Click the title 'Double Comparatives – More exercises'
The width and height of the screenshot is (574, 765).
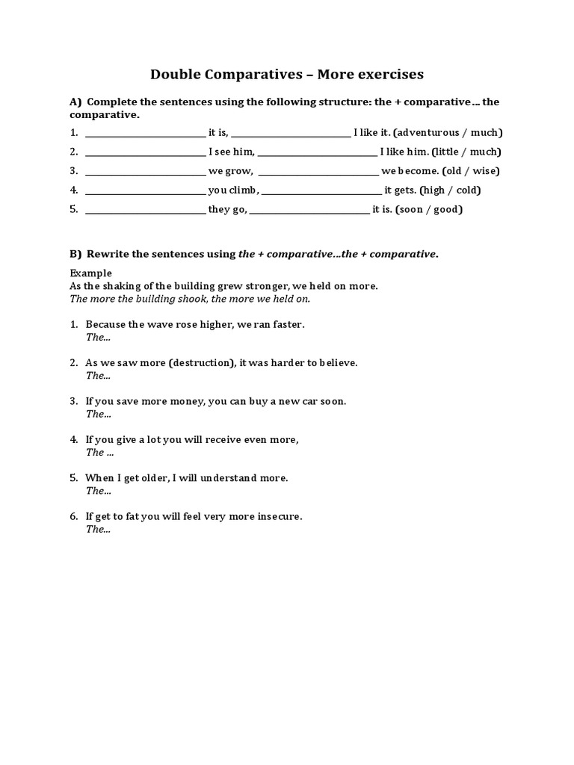(287, 74)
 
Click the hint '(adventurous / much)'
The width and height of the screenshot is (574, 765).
(448, 132)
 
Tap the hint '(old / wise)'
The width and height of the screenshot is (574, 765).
(472, 171)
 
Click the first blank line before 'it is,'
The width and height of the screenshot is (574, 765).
(145, 134)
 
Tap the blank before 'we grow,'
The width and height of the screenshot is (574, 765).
(145, 173)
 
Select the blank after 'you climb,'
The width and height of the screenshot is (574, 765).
(321, 191)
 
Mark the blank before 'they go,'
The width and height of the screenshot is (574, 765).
(145, 211)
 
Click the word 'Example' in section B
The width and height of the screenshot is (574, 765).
(90, 273)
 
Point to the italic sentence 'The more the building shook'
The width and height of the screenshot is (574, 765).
(190, 298)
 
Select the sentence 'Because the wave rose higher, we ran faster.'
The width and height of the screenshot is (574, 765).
(195, 324)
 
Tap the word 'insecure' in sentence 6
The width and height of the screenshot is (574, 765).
(277, 516)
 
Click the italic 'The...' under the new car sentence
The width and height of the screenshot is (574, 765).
(98, 413)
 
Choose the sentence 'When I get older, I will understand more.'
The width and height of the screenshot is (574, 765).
(187, 477)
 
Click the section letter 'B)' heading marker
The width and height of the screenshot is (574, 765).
(76, 254)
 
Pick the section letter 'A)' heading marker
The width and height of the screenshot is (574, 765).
(76, 102)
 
